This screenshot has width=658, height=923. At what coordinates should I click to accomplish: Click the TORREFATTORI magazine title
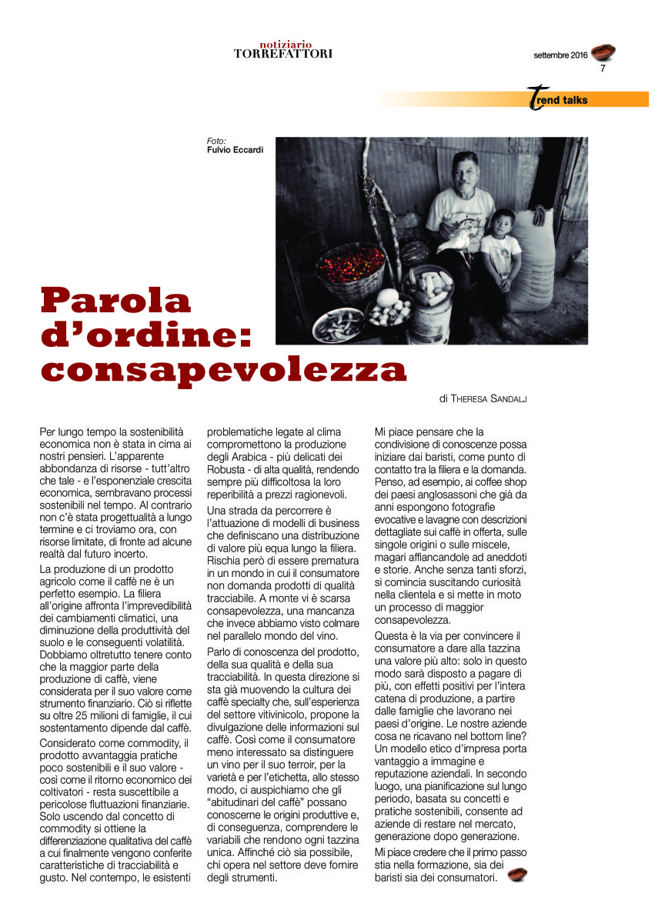(283, 54)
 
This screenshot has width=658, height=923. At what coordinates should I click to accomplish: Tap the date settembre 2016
(560, 55)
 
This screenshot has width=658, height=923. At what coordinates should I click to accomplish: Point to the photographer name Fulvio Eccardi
(235, 150)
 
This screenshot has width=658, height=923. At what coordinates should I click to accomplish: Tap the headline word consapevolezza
(223, 370)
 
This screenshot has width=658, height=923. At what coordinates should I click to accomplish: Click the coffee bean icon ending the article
(516, 875)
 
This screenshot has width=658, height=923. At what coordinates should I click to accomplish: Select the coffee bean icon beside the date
(604, 52)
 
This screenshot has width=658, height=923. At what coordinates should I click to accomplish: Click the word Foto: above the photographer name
(216, 141)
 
